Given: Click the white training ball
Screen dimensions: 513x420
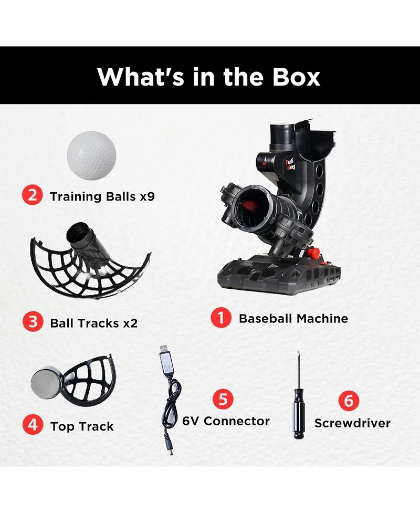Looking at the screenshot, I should (x=91, y=155).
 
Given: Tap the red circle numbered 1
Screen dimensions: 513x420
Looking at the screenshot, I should (x=222, y=318).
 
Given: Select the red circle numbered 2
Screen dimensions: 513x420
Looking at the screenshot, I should (x=33, y=196).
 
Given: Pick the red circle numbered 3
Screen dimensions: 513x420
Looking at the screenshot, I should (x=33, y=322).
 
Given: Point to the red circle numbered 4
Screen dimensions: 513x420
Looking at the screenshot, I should (x=33, y=424).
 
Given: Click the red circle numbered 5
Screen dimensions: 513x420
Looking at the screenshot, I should (x=223, y=399).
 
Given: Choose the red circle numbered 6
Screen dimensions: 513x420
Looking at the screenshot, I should (x=348, y=401).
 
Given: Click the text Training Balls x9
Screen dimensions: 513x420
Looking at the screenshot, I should (x=102, y=197).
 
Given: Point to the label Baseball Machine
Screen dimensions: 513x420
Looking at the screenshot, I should (x=293, y=318).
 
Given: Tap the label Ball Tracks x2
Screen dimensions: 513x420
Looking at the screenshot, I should (x=93, y=323).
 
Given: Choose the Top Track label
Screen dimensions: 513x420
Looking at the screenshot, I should (x=82, y=426).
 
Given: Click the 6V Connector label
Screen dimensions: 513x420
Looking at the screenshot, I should (x=226, y=421).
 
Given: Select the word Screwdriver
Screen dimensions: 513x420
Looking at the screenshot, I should (x=352, y=423).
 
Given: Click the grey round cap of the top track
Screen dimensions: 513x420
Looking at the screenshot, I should (x=47, y=380).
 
